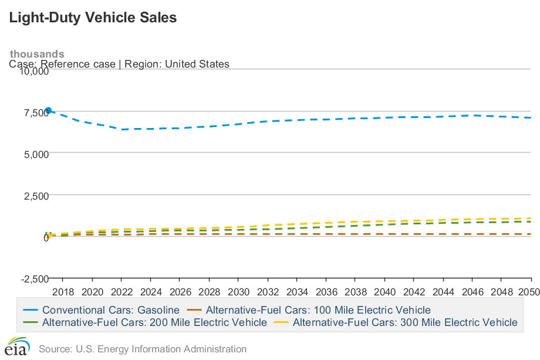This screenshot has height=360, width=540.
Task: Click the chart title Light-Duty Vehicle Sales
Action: point(93,18)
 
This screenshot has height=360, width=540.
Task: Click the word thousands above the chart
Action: point(37,54)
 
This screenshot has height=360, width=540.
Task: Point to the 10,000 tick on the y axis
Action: point(33,71)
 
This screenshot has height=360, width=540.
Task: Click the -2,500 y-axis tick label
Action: point(35,278)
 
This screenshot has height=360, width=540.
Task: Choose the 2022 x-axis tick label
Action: point(122,291)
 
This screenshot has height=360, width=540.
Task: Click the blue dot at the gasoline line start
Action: point(49,110)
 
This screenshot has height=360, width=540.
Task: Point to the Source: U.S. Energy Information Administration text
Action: point(143,349)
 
